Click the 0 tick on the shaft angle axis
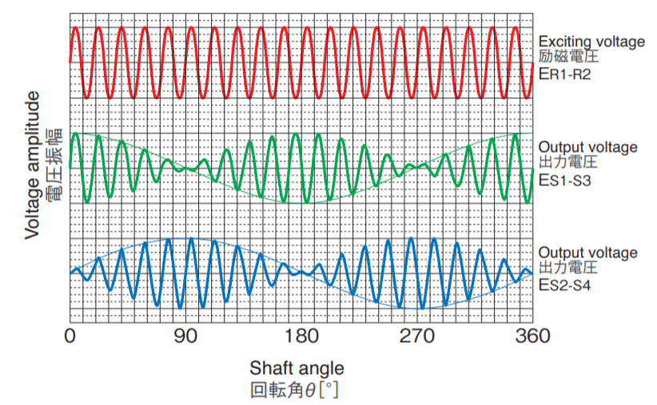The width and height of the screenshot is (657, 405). [70, 336]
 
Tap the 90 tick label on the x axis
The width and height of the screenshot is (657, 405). [186, 336]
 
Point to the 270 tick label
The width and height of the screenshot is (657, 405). [417, 336]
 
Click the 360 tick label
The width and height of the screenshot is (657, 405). [532, 336]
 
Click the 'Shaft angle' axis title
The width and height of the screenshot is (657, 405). [297, 368]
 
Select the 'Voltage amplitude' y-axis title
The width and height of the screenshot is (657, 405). [33, 165]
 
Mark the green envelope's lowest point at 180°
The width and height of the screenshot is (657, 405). [301, 203]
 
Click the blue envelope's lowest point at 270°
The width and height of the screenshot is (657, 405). [417, 308]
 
